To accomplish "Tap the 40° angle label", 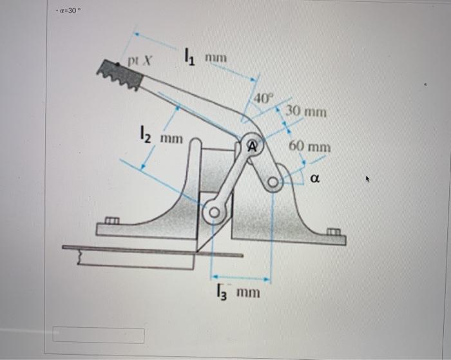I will click(x=264, y=98).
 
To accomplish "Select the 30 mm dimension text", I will click(x=306, y=111).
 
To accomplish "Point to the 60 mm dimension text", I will click(x=310, y=147).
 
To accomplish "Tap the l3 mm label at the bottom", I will click(x=238, y=293).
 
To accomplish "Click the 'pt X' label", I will click(x=139, y=62).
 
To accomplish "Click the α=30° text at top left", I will click(x=70, y=11).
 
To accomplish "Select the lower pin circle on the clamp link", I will click(x=213, y=212).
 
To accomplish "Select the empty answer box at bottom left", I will click(x=99, y=336).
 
